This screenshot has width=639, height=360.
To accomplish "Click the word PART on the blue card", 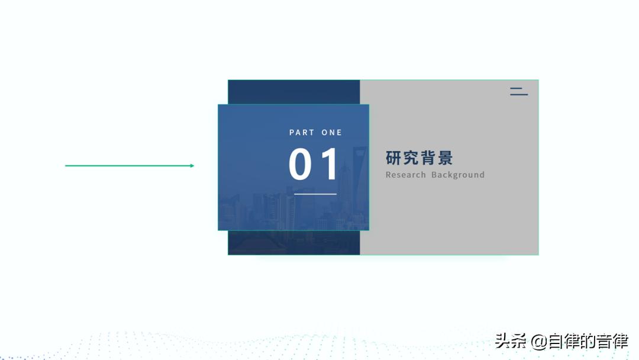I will point(301,133).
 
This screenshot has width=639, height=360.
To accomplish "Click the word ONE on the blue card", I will point(332,133).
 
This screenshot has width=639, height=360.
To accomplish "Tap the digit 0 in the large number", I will point(300,164).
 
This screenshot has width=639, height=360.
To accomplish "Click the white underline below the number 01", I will point(315,194).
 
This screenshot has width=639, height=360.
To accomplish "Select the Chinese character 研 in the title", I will point(394,158).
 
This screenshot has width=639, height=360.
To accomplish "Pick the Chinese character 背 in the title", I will point(428,158).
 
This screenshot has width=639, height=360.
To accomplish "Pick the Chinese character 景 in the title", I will point(445,158).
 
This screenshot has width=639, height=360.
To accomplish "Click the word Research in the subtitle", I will point(406,175).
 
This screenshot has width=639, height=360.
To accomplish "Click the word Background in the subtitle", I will point(458,175).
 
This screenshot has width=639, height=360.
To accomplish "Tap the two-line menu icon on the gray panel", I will point(519,91).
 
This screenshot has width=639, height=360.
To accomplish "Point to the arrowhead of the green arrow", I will point(192,166).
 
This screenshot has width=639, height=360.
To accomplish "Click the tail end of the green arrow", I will point(66,166).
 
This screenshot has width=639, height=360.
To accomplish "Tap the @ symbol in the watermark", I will point(538,342).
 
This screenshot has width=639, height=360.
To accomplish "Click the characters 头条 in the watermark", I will point(511,342).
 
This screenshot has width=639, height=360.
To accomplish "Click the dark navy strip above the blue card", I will point(293,92).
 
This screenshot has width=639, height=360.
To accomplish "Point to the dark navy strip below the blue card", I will point(293,243).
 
